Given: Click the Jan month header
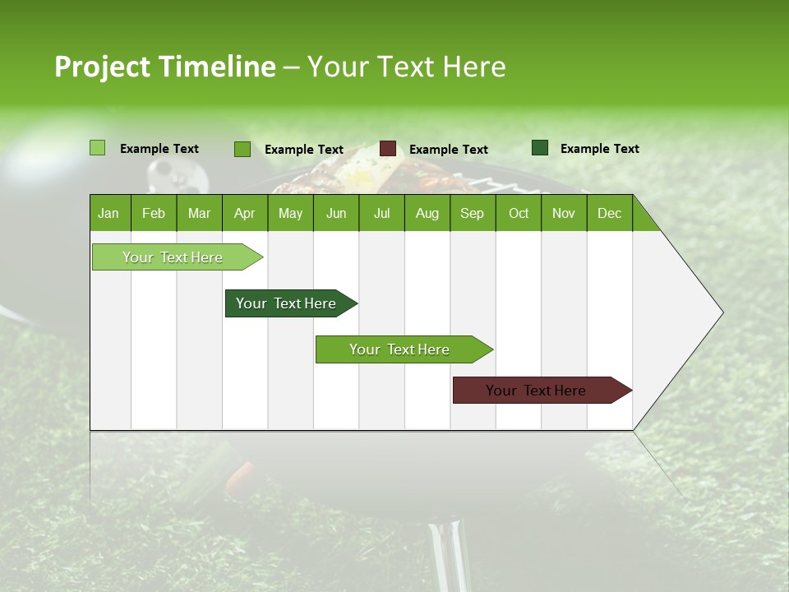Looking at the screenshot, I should [x=109, y=213].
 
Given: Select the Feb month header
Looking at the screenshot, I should [x=154, y=213].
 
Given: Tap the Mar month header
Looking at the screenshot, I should [x=199, y=213].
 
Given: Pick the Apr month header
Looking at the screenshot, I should [x=245, y=213].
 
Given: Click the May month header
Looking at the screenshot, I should [x=290, y=213].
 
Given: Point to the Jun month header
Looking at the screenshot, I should [x=336, y=213].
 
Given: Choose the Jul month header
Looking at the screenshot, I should [x=381, y=213].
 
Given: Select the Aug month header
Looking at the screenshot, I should [x=427, y=213].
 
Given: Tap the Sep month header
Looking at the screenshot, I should [x=473, y=213].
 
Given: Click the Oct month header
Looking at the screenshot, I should [x=519, y=213].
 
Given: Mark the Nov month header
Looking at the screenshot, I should [x=564, y=213].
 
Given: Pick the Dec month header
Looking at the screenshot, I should [x=610, y=213].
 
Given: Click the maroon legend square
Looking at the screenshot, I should [x=388, y=149].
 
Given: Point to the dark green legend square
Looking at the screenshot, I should [x=540, y=148].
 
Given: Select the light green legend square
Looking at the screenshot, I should [x=98, y=148].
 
